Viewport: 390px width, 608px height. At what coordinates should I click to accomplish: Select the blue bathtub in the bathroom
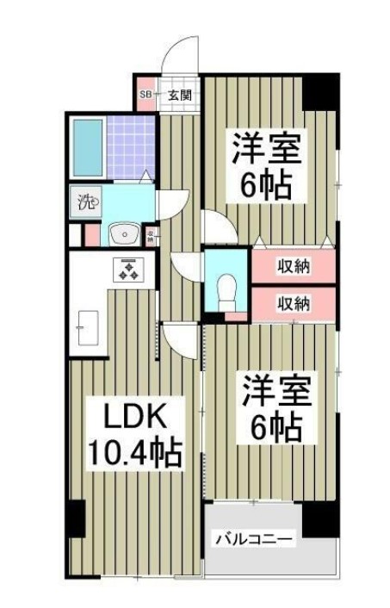88,145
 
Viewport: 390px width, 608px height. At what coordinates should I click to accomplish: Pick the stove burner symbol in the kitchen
130,270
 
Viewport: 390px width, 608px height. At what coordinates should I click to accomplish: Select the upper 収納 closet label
294,266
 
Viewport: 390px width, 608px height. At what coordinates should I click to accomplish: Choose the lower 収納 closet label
294,302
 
